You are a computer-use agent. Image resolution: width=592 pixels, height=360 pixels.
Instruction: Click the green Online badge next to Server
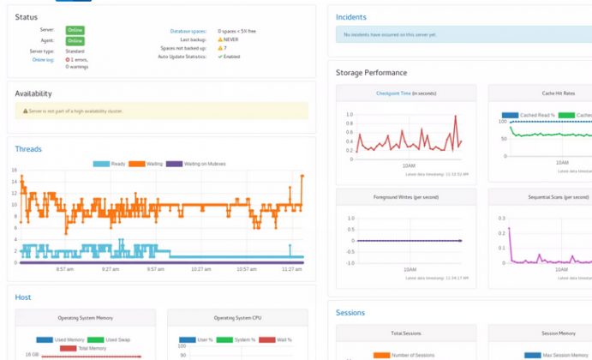click(75, 30)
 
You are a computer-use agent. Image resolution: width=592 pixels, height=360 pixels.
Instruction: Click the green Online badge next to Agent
click(75, 40)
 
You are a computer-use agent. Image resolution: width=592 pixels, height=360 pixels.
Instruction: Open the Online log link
click(44, 60)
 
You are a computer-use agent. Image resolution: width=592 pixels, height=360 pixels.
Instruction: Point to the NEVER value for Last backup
click(233, 39)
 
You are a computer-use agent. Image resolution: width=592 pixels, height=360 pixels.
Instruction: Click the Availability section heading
click(33, 93)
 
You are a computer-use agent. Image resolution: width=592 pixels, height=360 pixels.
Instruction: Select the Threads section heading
click(28, 149)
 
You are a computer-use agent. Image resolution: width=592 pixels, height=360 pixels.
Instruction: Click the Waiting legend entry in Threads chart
click(151, 164)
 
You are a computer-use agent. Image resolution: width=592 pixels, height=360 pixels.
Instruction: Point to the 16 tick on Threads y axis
click(15, 170)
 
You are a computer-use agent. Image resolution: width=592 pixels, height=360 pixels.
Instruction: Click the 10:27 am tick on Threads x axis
click(201, 269)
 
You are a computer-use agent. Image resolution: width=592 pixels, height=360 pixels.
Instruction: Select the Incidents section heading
click(351, 17)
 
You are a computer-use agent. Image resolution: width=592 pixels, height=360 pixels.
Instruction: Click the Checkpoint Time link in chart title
click(394, 93)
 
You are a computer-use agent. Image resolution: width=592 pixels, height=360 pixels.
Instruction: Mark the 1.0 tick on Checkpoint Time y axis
click(350, 114)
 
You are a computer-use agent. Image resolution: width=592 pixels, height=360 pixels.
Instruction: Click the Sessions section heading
click(350, 313)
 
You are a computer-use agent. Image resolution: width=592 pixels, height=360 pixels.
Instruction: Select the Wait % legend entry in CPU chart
click(282, 340)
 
